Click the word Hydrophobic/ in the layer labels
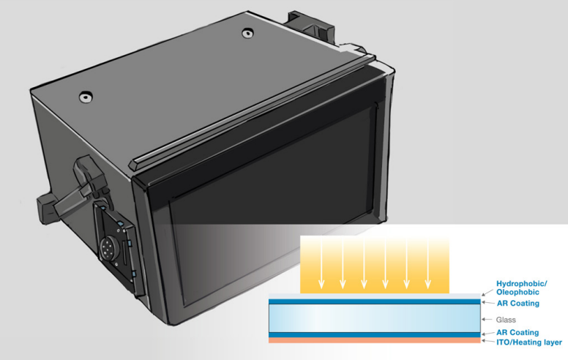click(521, 284)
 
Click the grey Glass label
click(506, 320)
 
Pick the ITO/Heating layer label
click(528, 342)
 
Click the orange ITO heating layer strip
click(373, 340)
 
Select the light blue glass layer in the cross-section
click(373, 318)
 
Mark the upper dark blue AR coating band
click(373, 301)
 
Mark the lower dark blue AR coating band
click(373, 334)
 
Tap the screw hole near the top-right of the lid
click(245, 32)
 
